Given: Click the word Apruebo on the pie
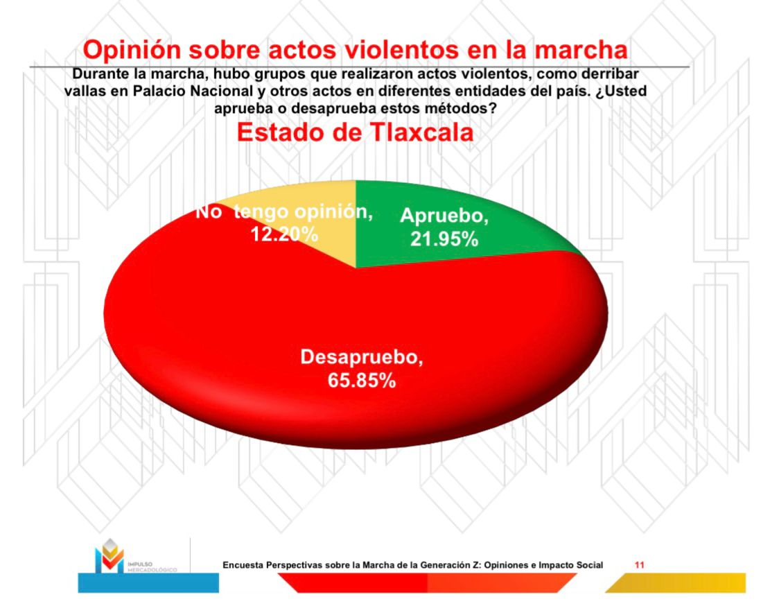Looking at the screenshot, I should click(444, 216).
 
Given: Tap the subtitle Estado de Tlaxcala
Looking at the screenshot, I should click(356, 133).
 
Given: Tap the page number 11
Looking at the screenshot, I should click(639, 565).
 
